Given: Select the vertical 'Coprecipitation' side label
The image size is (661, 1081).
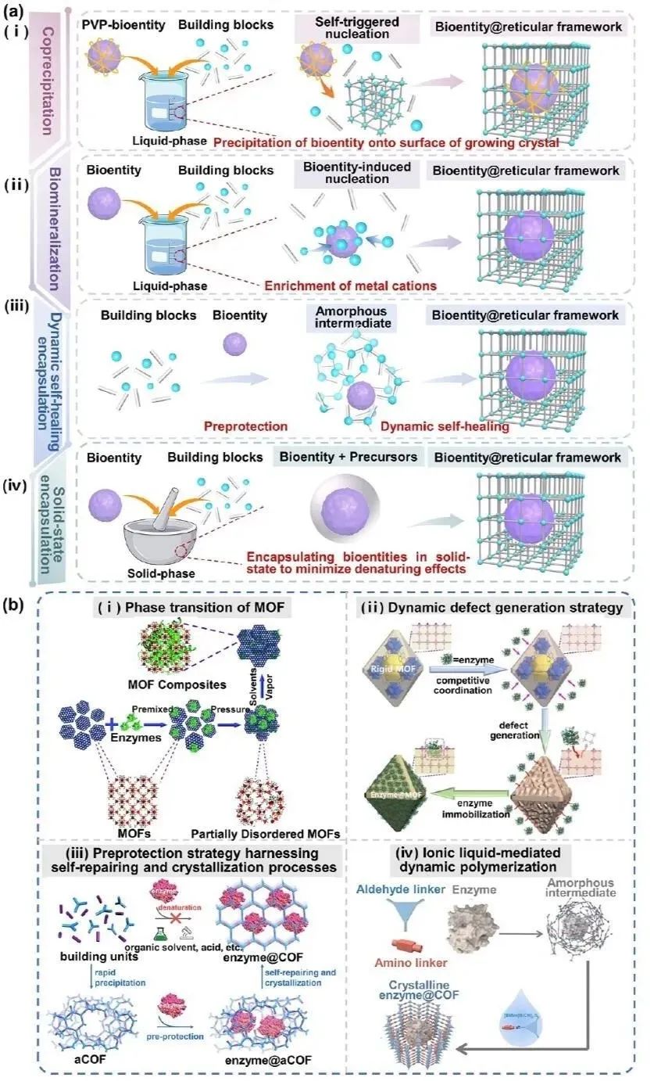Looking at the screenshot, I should click(x=47, y=78).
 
